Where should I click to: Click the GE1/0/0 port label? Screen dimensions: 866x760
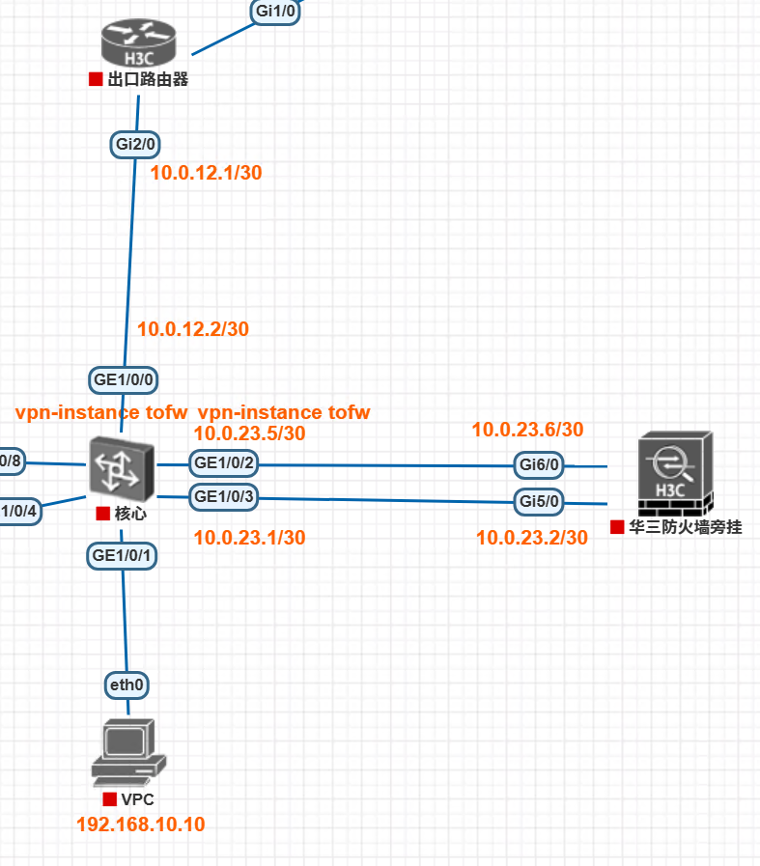pos(124,379)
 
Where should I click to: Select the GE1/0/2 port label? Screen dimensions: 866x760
pos(224,463)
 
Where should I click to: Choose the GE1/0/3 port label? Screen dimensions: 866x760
pos(224,497)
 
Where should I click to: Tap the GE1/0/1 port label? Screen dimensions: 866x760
pos(123,555)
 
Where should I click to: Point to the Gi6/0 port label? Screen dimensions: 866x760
pos(539,465)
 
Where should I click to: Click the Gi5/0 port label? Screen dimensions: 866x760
pos(539,501)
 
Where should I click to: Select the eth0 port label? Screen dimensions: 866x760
pos(127,684)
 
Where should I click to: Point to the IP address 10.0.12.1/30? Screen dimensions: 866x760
pos(207,173)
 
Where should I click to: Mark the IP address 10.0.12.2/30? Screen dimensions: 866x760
pos(193,329)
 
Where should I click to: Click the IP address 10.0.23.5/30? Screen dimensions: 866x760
pos(250,433)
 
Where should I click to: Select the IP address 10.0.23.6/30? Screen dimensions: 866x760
pos(527,430)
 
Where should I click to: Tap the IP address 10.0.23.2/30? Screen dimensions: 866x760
pos(532,538)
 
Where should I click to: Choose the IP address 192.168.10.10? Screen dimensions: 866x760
pos(141,824)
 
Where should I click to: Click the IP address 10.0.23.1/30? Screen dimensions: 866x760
pos(250,538)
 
